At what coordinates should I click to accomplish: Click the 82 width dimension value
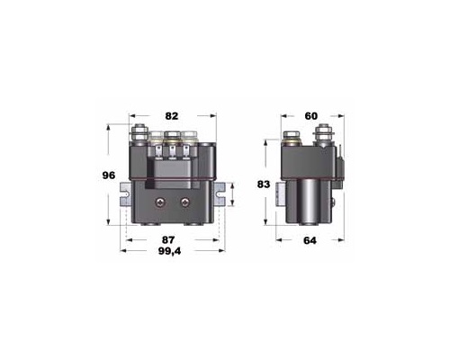pyautogui.click(x=172, y=116)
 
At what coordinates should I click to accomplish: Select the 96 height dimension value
pyautogui.click(x=109, y=175)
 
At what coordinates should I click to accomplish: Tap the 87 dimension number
pyautogui.click(x=168, y=240)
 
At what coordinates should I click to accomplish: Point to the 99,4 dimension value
pyautogui.click(x=169, y=251)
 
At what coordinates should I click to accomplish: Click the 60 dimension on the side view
pyautogui.click(x=311, y=116)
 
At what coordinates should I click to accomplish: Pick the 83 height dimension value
pyautogui.click(x=264, y=184)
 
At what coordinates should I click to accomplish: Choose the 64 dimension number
pyautogui.click(x=310, y=240)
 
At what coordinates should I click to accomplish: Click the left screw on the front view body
pyautogui.click(x=160, y=202)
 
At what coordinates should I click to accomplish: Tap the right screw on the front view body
pyautogui.click(x=185, y=202)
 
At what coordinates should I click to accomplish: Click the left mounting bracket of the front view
pyautogui.click(x=126, y=194)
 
